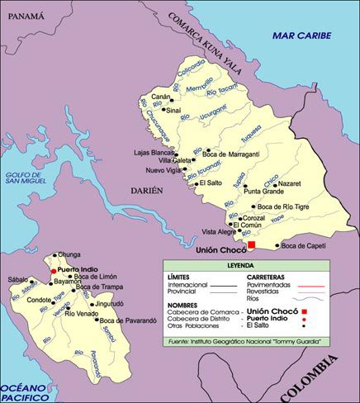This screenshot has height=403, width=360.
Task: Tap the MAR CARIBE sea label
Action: tap(301, 36)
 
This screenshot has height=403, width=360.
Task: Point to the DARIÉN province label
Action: tap(149, 190)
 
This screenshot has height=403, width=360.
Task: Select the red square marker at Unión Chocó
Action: tap(252, 244)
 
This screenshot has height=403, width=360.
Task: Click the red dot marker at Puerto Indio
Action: tap(53, 270)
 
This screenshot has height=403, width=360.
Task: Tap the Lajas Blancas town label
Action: tap(153, 154)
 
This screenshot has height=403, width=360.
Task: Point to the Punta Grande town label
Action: tap(263, 192)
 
